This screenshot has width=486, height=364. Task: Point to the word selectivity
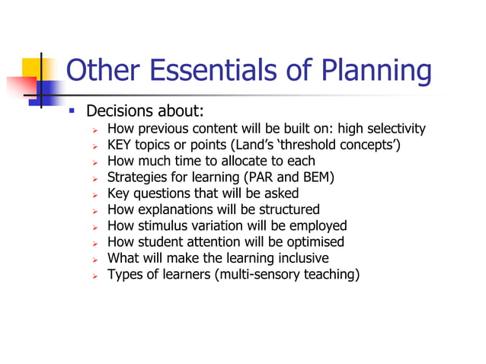coord(397,129)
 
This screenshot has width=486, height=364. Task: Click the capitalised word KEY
coord(120,145)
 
